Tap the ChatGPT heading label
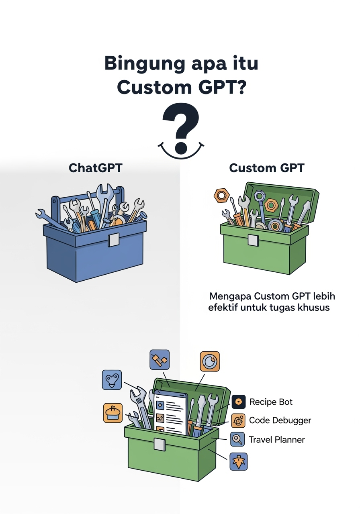96,168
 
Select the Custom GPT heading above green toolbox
266,168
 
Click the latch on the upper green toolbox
253,239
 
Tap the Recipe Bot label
271,402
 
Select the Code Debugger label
280,420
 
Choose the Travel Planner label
276,440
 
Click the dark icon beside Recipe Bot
239,402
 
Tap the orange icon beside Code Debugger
239,420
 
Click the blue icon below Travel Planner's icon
238,461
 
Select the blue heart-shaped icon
112,380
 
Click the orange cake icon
113,413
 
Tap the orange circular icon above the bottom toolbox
210,361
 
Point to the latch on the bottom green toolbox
159,445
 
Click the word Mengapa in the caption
230,296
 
